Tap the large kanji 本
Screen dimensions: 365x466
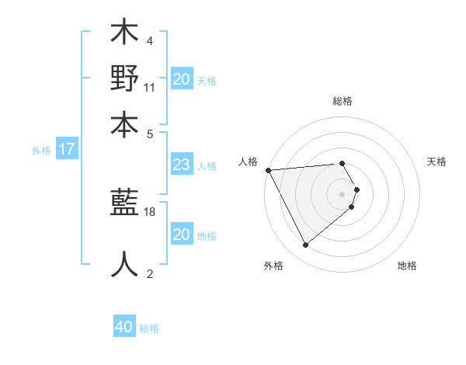(x=124, y=123)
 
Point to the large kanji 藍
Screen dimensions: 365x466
(x=124, y=203)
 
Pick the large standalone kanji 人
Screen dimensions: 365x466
(x=124, y=265)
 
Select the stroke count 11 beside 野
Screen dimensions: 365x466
(x=151, y=87)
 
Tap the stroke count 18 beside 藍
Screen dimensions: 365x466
(x=151, y=211)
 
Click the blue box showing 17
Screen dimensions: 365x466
(x=67, y=150)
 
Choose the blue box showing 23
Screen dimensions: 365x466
(x=181, y=165)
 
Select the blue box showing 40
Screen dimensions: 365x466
(x=124, y=327)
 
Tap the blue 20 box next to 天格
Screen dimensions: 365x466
(x=182, y=79)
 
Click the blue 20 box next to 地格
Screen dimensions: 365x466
(x=181, y=235)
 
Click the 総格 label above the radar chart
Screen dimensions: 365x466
(x=343, y=102)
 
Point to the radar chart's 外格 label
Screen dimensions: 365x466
(x=273, y=266)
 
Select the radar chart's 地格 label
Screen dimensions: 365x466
(x=407, y=266)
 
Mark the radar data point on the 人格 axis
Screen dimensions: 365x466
(x=268, y=169)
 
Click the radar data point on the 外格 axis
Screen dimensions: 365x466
(x=306, y=245)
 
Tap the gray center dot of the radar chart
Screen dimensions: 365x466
(x=343, y=193)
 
